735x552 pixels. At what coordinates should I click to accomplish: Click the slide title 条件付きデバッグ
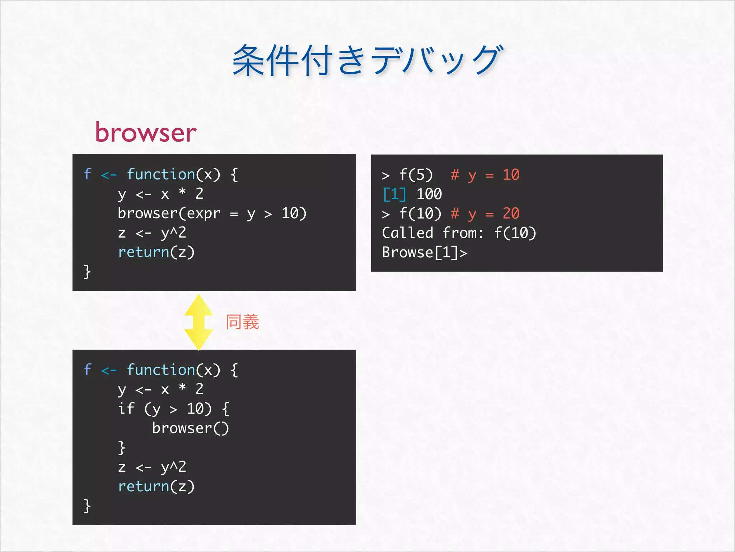coord(367,60)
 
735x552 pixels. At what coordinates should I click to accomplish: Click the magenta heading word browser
coord(146,132)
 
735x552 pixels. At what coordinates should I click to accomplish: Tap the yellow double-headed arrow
coord(198,322)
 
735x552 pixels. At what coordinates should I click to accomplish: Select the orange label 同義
coord(242,322)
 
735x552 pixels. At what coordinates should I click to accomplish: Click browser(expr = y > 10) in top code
coord(212,213)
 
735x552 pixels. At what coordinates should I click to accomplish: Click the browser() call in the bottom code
coord(190,428)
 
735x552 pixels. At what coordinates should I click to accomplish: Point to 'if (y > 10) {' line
coord(174,409)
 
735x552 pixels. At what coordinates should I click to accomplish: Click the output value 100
coord(429,194)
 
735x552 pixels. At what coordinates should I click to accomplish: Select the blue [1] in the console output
coord(394,194)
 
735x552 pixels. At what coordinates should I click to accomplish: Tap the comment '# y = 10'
coord(485,175)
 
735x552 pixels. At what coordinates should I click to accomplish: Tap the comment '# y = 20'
coord(485,214)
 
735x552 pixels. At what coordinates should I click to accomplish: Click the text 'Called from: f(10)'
coord(459,233)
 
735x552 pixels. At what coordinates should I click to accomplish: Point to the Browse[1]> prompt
coord(425,253)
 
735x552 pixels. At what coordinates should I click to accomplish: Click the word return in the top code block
coord(144,252)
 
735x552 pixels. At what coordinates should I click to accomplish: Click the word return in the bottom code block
coord(144,487)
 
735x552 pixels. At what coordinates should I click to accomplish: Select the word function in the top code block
coord(161,174)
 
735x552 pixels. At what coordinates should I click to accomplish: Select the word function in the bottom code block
coord(161,370)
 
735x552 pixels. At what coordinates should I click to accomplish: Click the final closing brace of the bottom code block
coord(87,506)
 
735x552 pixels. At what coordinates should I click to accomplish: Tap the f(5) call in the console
coord(416,175)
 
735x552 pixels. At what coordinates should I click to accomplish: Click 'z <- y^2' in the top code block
coord(152,233)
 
